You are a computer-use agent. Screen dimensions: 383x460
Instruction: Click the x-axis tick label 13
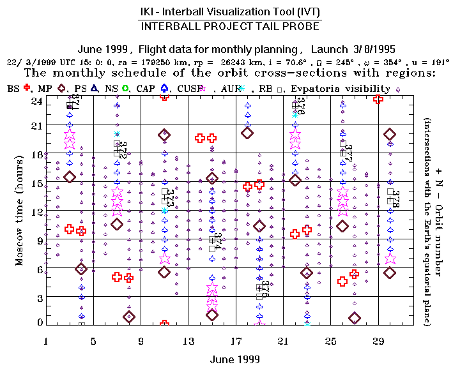point(188,342)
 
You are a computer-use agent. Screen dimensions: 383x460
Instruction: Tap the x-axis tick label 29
point(378,342)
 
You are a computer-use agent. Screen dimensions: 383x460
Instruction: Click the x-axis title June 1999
point(235,359)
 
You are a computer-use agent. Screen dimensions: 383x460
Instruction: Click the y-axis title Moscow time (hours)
point(20,211)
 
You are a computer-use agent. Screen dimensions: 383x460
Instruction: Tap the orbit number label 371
point(75,101)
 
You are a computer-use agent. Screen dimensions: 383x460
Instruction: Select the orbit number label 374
point(217,241)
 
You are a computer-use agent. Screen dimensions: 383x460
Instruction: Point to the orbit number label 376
point(300,105)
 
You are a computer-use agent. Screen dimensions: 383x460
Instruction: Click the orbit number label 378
point(394,199)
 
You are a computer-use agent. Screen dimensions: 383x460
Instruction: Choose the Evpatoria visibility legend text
point(340,89)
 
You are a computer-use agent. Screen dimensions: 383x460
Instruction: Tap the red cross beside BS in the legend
point(27,88)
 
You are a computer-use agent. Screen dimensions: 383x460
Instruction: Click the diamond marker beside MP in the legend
point(62,88)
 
